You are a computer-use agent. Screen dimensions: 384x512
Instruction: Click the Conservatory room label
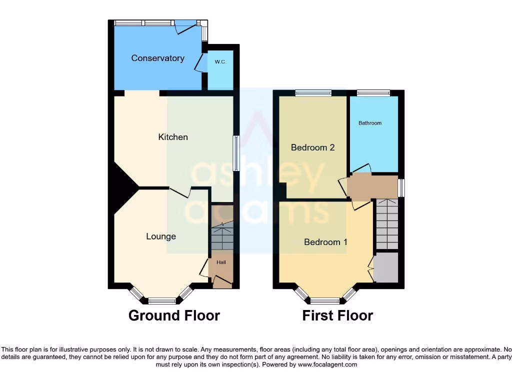click(x=157, y=58)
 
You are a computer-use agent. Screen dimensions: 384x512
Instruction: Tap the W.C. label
click(x=220, y=62)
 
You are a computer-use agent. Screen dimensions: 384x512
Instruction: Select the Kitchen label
click(x=173, y=137)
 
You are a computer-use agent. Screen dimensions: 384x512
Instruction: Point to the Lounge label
click(x=161, y=236)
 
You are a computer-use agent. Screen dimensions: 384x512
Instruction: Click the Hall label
click(x=221, y=262)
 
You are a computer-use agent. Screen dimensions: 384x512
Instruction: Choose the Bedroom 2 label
click(x=312, y=147)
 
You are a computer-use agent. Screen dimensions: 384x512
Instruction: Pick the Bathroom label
click(x=370, y=123)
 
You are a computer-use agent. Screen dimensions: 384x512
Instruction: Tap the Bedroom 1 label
click(x=325, y=242)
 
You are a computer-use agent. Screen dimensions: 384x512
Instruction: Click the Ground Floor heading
click(x=174, y=315)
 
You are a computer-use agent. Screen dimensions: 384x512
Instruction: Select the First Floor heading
click(x=337, y=315)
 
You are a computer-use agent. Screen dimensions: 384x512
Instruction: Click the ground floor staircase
click(x=221, y=237)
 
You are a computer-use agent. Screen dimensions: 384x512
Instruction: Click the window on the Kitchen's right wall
click(x=236, y=153)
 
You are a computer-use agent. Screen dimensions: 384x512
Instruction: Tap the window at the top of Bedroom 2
click(x=313, y=92)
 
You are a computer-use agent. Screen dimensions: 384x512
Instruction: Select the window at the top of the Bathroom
click(x=373, y=92)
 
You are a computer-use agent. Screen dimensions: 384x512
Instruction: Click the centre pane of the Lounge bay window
click(x=162, y=301)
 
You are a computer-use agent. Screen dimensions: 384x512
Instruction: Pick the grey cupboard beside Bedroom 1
click(x=386, y=267)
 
